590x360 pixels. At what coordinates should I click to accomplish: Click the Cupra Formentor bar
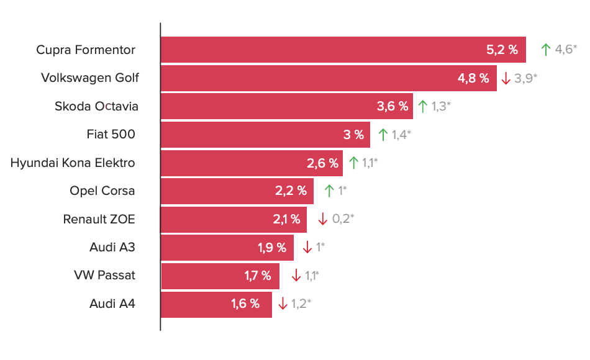pos(343,50)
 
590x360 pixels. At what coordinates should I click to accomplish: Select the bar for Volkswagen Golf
pos(329,78)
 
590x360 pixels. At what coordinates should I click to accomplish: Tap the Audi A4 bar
pos(216,305)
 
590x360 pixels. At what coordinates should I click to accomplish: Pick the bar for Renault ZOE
pos(234,220)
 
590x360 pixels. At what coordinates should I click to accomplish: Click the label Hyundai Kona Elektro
pos(73,163)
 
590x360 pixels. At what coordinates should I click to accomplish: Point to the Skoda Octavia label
pos(96,107)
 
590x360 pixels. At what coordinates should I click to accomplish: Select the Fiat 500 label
pos(111,134)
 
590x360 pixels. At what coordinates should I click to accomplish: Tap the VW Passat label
pos(104,275)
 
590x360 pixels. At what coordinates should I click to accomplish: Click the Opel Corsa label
pos(102,191)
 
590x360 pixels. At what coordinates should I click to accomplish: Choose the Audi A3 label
pos(112,247)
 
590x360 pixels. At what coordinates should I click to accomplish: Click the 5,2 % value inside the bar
pos(502,50)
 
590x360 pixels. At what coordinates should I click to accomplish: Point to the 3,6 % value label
pos(393,107)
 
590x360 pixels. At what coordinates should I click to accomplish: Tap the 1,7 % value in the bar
pos(258,276)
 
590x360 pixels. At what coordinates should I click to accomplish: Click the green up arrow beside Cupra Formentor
pos(546,49)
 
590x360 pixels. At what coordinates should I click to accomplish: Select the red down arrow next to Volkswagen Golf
pos(506,78)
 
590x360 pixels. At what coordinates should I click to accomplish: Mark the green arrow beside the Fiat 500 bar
pos(383,135)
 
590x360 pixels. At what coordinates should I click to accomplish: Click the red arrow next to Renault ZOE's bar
pos(323,219)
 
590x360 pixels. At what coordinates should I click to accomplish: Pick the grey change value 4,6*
pos(566,49)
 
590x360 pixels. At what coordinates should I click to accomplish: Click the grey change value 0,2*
pos(343,218)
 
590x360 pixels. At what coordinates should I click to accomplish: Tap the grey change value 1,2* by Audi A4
pos(301,303)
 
